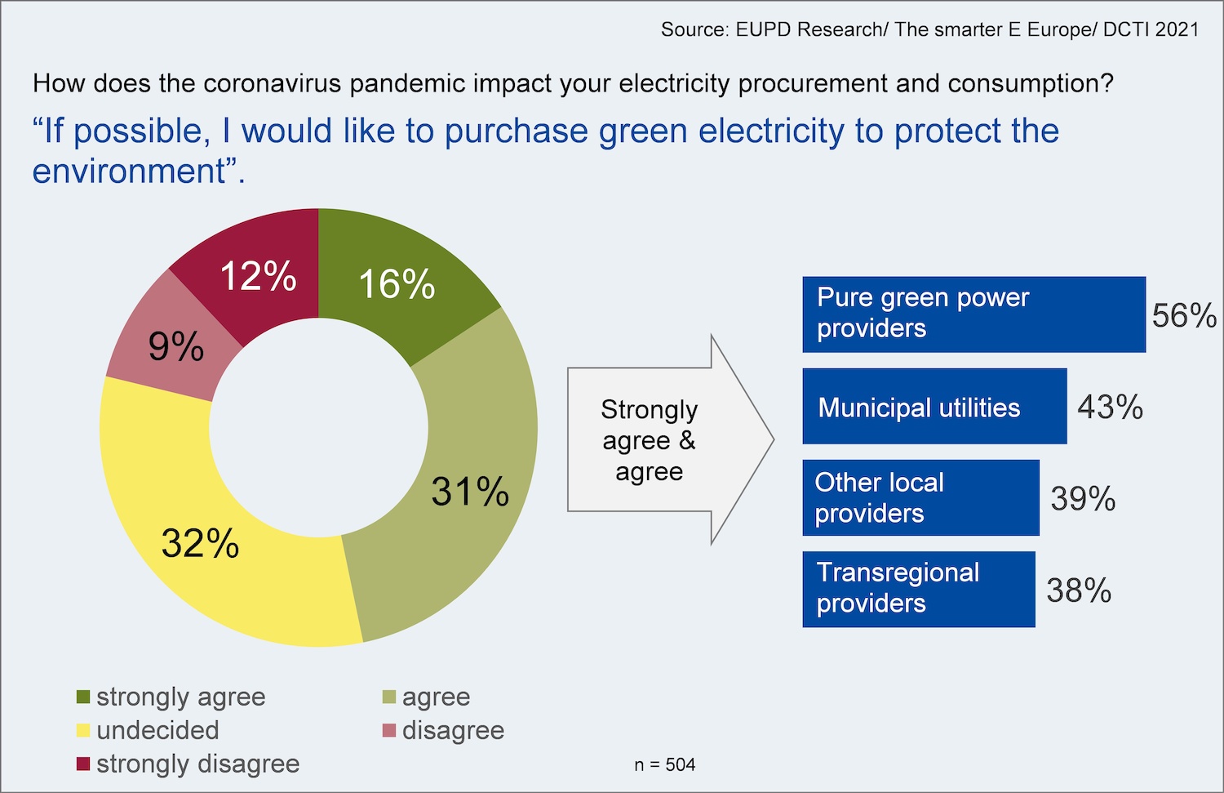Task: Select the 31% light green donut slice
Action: pos(469,490)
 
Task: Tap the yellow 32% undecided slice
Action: pos(201,541)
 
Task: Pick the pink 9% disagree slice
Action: pos(175,346)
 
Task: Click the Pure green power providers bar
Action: pos(973,314)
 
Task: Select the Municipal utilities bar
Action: pos(934,407)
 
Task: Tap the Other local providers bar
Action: pos(920,498)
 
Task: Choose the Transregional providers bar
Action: pos(918,589)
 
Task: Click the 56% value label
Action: pos(1183,315)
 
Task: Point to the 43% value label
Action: pos(1110,407)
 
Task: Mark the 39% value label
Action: pos(1083,498)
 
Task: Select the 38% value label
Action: pos(1079,590)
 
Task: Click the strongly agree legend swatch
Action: pos(83,697)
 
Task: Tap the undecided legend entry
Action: pos(157,730)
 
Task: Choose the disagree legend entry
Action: pos(453,730)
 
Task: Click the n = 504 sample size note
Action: pos(664,764)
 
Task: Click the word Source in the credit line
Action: pos(694,30)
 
